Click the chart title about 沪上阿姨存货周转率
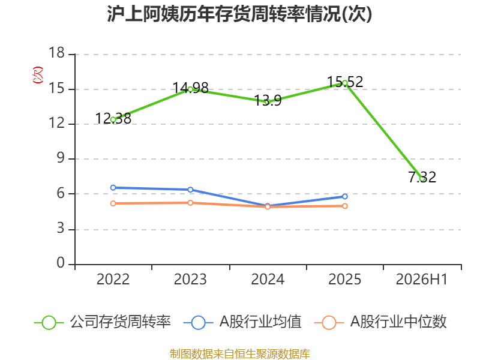pos(239,14)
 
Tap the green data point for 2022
pos(113,119)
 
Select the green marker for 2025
pos(345,83)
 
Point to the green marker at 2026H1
pos(422,178)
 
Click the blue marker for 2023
pos(190,190)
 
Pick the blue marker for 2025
pos(345,197)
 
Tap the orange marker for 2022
pos(113,203)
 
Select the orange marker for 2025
pos(345,206)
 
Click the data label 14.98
pos(190,88)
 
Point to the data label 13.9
pos(268,100)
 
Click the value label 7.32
pos(422,178)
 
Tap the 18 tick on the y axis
pos(56,53)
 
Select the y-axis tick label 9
pos(61,158)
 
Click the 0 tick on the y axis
pos(61,263)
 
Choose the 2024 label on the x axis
pos(268,280)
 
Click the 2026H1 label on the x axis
pos(422,280)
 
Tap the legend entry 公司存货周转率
pos(103,322)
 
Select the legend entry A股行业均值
pos(242,322)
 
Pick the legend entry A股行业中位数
pos(380,322)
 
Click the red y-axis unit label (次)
pos(38,75)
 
